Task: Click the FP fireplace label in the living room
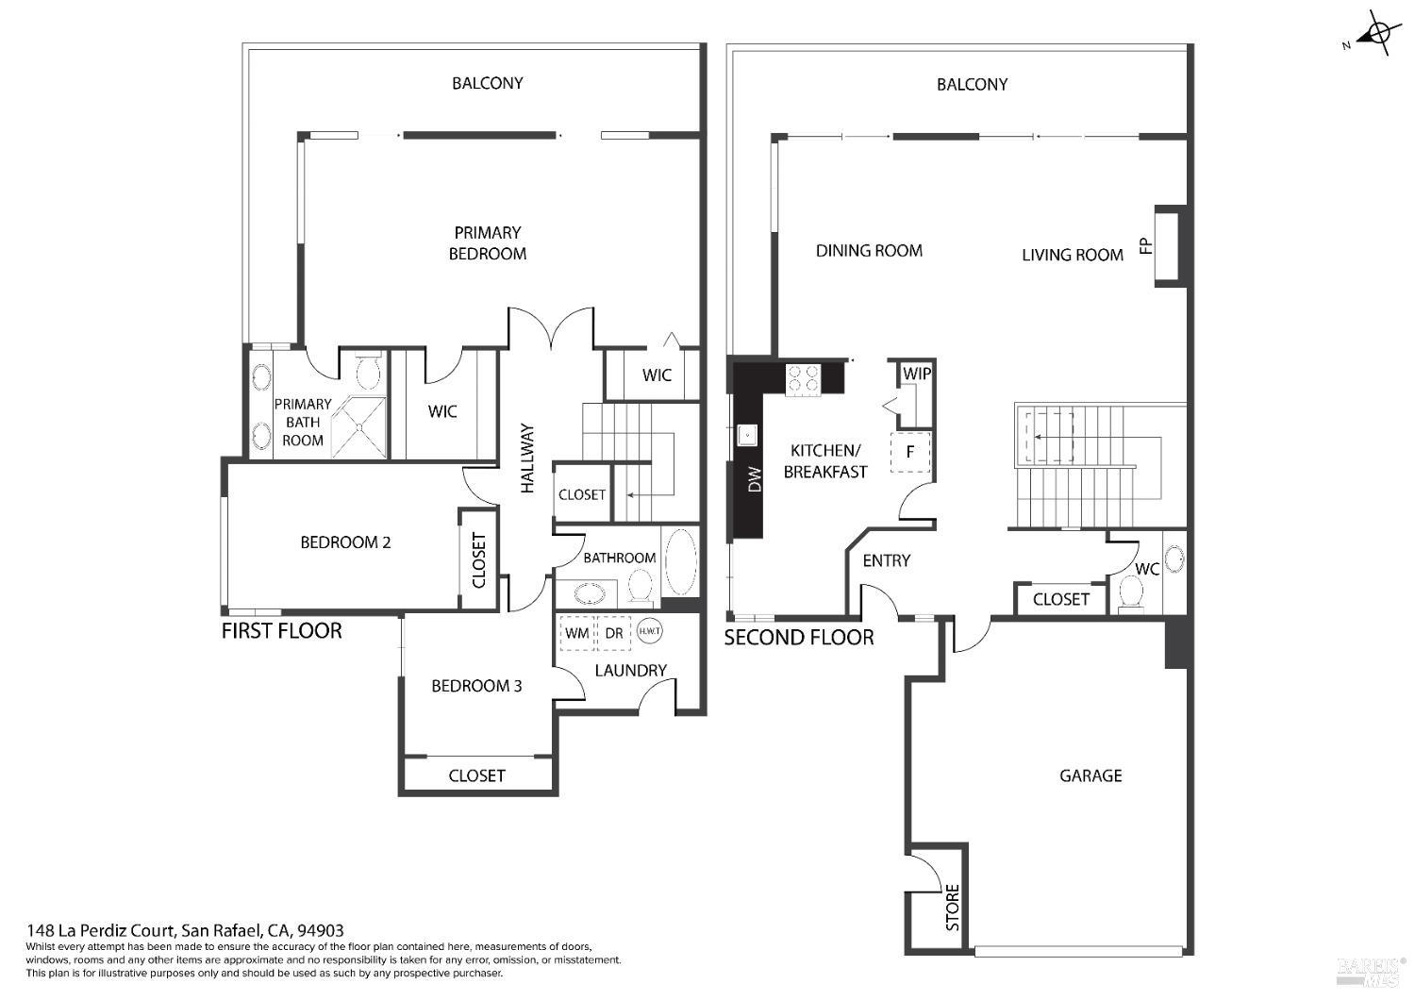click(x=1146, y=246)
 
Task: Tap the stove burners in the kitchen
click(x=803, y=377)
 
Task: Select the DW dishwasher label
click(x=754, y=481)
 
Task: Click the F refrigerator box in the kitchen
click(x=910, y=452)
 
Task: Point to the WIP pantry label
click(x=916, y=375)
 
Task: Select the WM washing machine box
click(x=577, y=633)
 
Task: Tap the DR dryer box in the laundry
click(x=614, y=633)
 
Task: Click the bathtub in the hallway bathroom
click(x=680, y=562)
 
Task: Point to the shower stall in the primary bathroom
click(x=359, y=426)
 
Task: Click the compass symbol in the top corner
click(x=1378, y=34)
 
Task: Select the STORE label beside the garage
click(x=952, y=907)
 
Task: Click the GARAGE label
click(x=1090, y=775)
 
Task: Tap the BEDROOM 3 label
click(x=476, y=686)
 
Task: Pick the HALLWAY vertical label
click(x=527, y=458)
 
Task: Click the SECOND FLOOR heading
click(x=798, y=638)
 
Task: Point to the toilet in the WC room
click(x=1129, y=594)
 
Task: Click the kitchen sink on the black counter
click(x=747, y=435)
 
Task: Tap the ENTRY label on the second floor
click(x=886, y=560)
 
